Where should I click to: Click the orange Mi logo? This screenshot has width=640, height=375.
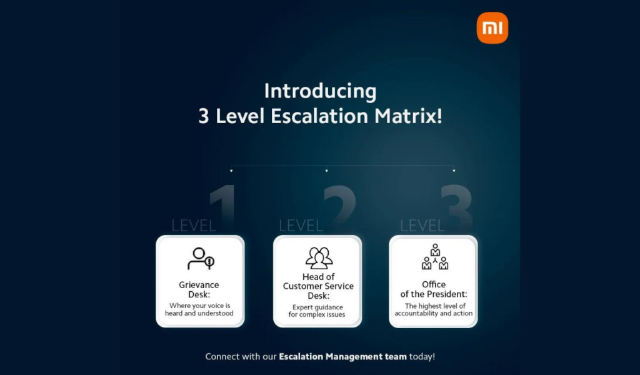click(492, 27)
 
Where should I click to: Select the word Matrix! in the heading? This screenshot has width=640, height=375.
click(408, 116)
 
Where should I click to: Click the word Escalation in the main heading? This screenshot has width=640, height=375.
click(319, 116)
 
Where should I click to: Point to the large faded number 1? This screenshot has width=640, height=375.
click(223, 204)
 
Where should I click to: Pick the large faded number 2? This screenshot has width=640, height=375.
click(339, 204)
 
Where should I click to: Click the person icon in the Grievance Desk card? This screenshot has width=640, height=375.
click(201, 259)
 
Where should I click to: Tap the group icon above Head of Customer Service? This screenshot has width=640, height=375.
click(319, 258)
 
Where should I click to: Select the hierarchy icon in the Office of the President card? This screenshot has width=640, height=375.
click(435, 257)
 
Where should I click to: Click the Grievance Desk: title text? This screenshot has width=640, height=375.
click(199, 290)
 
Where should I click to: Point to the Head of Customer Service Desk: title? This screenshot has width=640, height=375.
click(318, 286)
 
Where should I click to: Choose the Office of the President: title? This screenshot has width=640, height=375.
click(434, 289)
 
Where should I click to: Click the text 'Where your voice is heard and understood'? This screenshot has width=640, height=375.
click(199, 310)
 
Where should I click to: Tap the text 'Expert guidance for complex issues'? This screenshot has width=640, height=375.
click(317, 311)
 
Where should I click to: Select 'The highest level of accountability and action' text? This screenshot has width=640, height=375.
click(434, 310)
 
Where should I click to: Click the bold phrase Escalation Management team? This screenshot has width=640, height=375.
click(343, 357)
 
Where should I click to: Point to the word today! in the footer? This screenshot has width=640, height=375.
click(422, 357)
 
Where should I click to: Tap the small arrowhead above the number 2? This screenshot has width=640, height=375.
click(326, 171)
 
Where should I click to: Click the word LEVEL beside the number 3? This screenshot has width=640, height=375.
click(422, 226)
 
